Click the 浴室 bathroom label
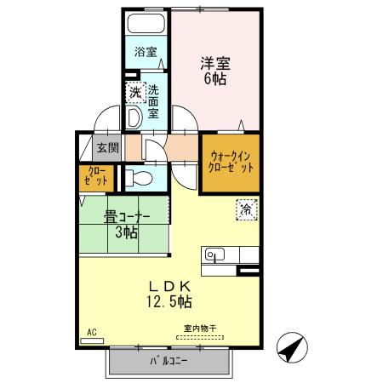point(146,52)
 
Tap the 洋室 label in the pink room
point(214,62)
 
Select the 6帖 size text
point(214,79)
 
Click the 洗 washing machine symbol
point(134,92)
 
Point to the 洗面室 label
point(153,100)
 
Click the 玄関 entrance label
point(106,147)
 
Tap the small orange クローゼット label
point(95,177)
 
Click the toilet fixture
point(141,178)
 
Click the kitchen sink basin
point(214,254)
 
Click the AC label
point(91,331)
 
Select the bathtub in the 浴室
point(146,23)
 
